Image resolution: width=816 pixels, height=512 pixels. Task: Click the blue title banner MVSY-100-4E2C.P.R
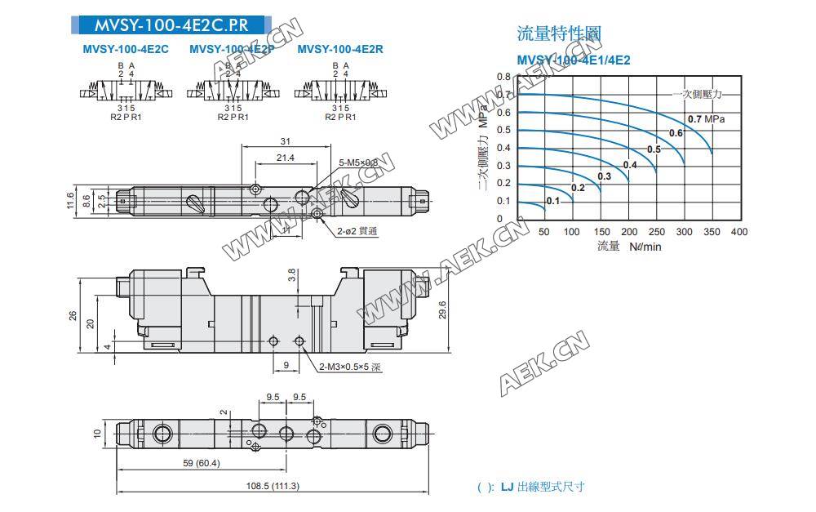[x=169, y=24]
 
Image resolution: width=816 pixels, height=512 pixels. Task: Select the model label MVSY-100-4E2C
[x=126, y=50]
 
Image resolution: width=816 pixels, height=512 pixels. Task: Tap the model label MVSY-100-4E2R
[x=340, y=50]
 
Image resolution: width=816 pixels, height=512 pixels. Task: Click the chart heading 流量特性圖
[x=559, y=33]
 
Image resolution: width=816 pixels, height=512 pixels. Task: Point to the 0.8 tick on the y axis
[x=503, y=77]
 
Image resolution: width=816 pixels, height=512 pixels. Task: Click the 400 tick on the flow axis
[x=738, y=232]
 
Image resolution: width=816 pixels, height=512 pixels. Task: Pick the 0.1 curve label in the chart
[x=552, y=201]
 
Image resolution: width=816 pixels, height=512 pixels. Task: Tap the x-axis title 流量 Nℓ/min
[x=629, y=246]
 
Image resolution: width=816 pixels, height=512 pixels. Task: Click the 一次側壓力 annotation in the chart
[x=698, y=95]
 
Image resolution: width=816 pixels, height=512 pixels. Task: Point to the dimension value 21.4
[x=285, y=158]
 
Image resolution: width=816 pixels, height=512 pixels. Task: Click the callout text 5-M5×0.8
[x=359, y=163]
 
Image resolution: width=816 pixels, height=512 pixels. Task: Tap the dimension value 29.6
[x=442, y=311]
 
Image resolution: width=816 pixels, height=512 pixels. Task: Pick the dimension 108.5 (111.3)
[x=273, y=486]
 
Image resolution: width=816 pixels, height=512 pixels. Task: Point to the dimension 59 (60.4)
[x=200, y=463]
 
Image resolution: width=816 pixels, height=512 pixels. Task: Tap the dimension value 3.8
[x=292, y=276]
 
